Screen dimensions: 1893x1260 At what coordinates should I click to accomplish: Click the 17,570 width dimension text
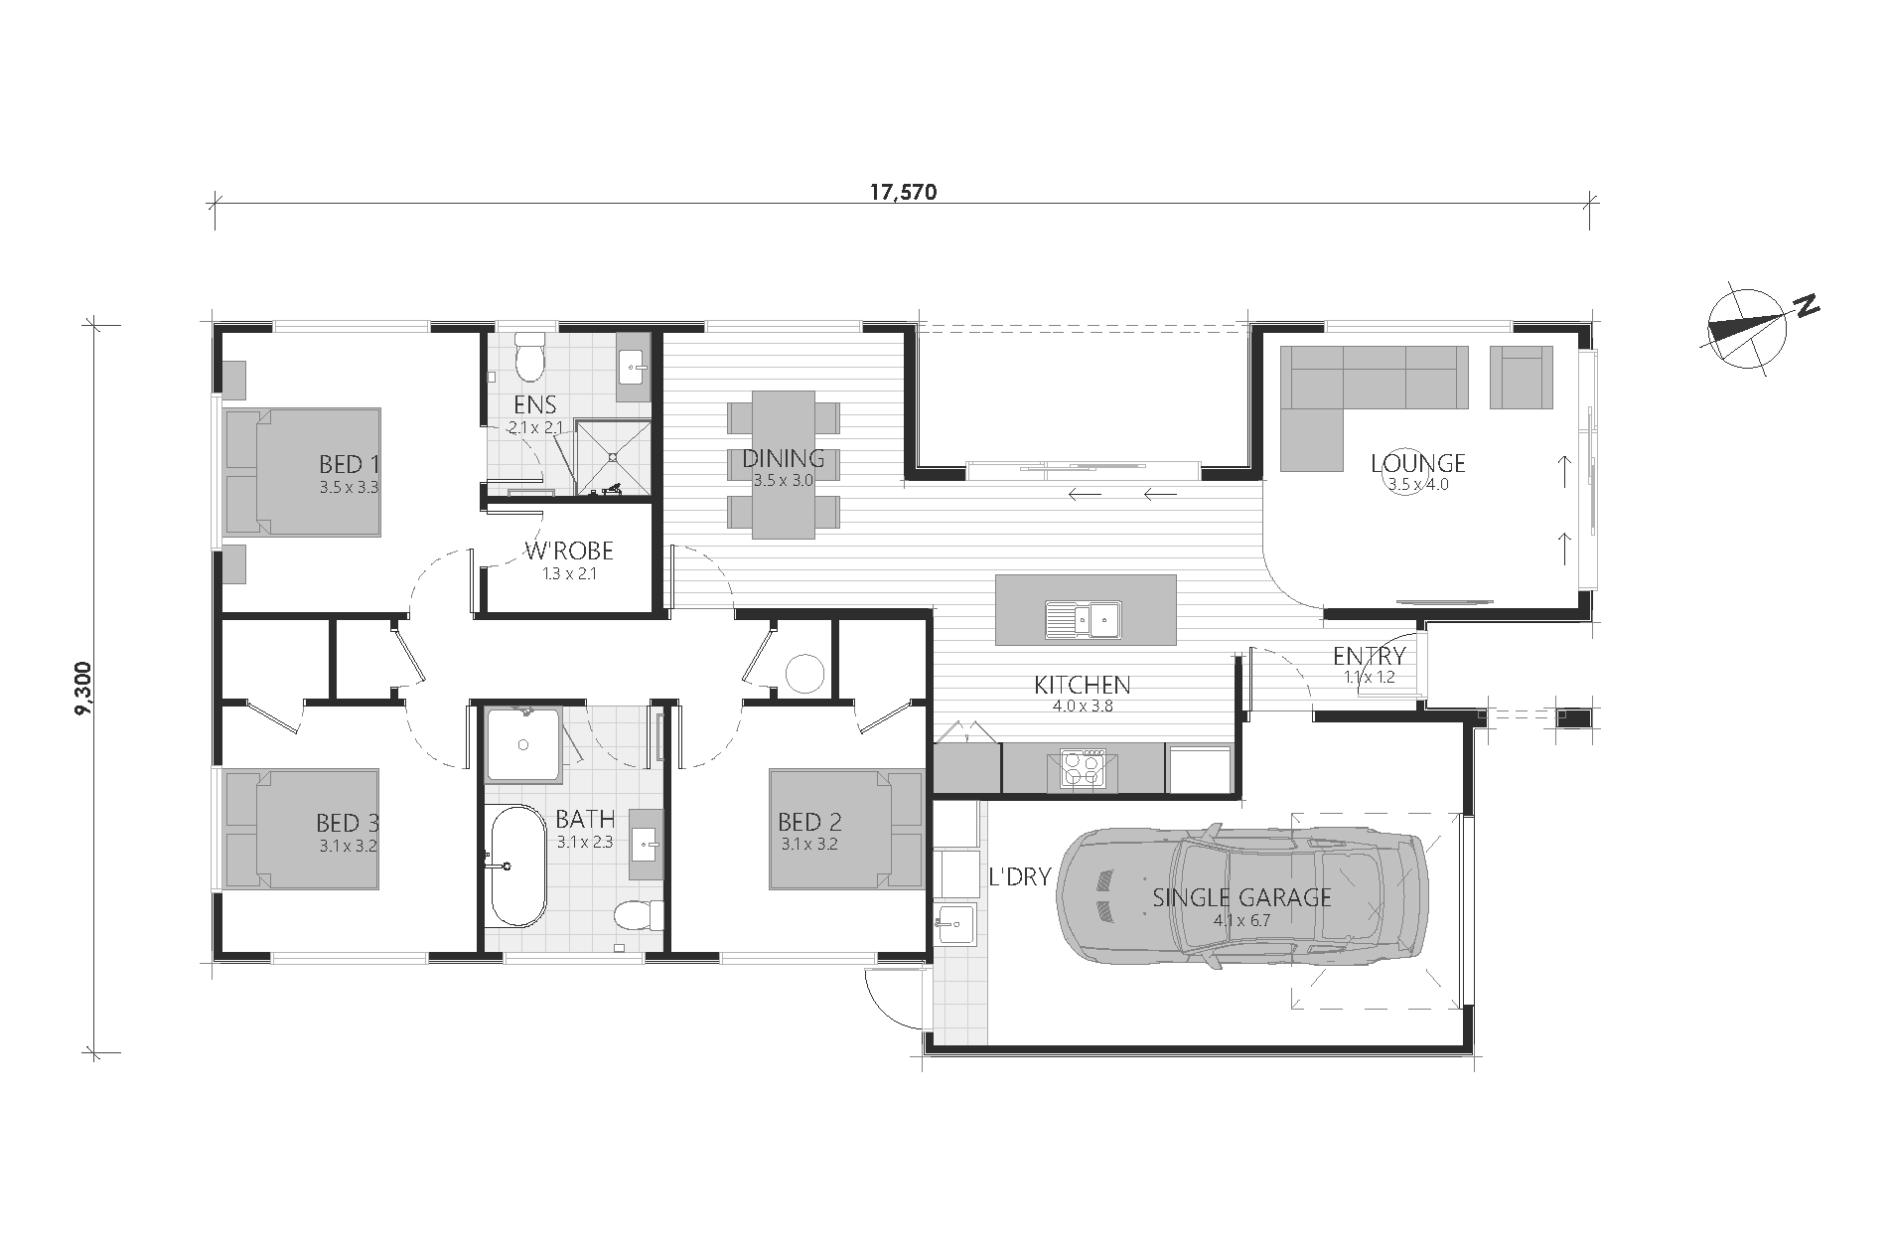[903, 193]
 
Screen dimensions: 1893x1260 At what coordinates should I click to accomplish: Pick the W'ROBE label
[569, 551]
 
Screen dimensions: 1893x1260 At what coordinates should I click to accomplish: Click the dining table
[784, 464]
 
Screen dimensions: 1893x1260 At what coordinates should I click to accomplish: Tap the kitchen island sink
[1081, 621]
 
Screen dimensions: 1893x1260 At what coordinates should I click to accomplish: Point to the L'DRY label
[1020, 877]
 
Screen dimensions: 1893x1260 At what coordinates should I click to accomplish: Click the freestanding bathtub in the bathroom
[516, 865]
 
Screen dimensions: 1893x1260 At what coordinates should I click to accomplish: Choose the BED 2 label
[809, 822]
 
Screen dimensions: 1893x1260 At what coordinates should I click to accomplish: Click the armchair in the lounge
[1521, 377]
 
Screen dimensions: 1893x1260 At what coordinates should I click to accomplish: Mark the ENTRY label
[1370, 656]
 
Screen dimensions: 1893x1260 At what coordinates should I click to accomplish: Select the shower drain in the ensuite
[614, 458]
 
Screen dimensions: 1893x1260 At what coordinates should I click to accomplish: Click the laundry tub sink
[954, 924]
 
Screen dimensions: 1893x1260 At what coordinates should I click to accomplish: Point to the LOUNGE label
[1418, 463]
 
